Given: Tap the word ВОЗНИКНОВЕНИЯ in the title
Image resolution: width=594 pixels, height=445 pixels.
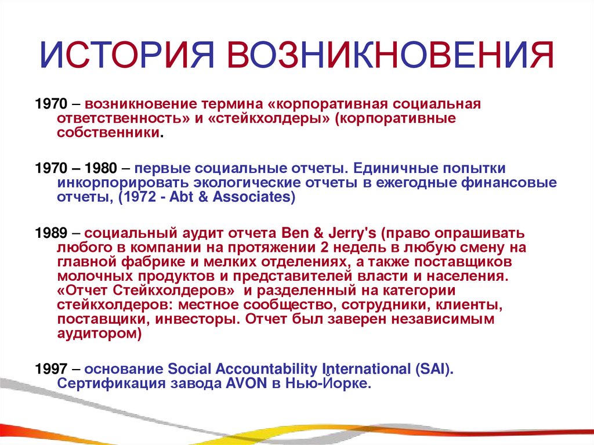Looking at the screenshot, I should pos(392,57).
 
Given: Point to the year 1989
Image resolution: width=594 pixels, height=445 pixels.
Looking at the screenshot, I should pos(51,233).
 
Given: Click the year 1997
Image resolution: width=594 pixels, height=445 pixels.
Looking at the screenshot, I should pos(51,369).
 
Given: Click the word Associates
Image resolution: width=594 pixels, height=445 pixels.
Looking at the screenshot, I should pos(256,197).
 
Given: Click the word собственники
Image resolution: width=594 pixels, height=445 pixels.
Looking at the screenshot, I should pos(108,132).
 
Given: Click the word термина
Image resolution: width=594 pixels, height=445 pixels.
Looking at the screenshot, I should pos(234,104).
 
